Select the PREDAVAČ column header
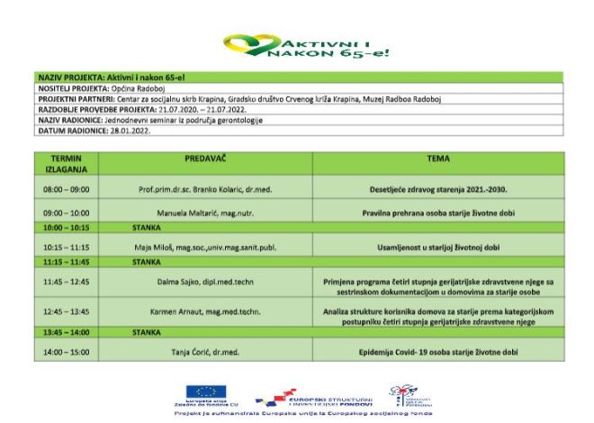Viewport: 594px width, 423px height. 204,158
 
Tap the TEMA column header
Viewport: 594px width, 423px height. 438,158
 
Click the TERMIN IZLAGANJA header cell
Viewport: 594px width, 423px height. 67,163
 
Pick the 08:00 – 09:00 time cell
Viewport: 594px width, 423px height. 67,191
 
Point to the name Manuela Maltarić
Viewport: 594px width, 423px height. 204,213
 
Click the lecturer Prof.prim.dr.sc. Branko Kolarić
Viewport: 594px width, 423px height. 204,191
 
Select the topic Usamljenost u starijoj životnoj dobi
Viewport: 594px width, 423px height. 438,246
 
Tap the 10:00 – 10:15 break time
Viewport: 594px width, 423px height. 67,229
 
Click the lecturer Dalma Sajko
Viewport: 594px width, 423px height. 204,282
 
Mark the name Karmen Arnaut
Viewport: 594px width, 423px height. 204,311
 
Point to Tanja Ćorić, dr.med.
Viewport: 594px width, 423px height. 204,351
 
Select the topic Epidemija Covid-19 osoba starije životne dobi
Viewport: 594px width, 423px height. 438,351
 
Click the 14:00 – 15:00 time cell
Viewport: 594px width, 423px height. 67,351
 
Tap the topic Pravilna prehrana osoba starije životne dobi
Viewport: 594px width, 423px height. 438,213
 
